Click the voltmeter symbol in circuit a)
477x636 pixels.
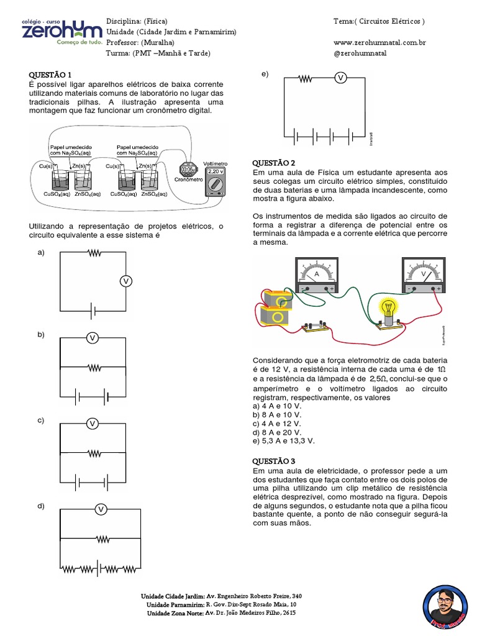(x=126, y=281)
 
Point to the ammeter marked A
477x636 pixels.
(x=317, y=275)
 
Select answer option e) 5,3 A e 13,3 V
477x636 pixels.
(x=284, y=440)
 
